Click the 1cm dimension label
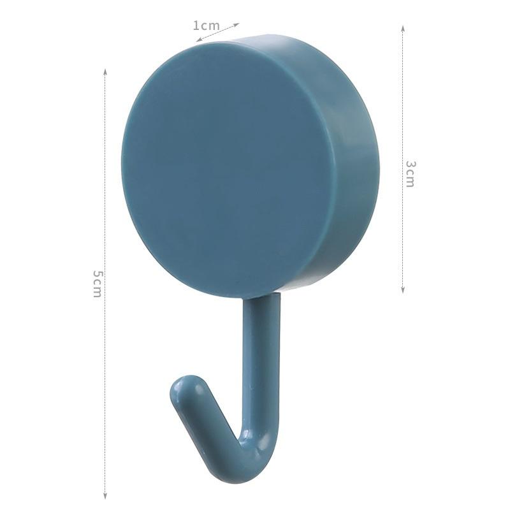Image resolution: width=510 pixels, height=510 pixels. click(x=206, y=25)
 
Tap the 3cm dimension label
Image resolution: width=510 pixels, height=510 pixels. click(x=411, y=173)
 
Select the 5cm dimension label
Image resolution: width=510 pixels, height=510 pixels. click(x=97, y=283)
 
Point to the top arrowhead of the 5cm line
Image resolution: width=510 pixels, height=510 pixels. click(x=105, y=70)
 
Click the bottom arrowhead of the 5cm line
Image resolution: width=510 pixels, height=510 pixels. click(x=105, y=497)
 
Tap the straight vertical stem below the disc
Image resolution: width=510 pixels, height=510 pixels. click(x=261, y=357)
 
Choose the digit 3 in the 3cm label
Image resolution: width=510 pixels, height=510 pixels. click(x=411, y=164)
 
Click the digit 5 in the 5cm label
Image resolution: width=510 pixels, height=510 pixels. click(x=97, y=273)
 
